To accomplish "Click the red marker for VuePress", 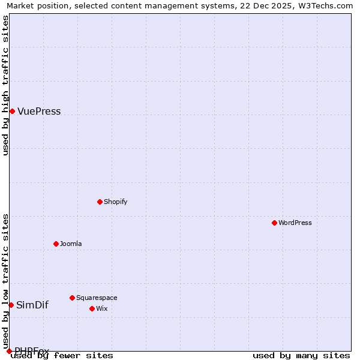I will pyautogui.click(x=12, y=111).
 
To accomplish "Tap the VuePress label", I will pyautogui.click(x=39, y=112).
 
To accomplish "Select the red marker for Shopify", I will pyautogui.click(x=100, y=202).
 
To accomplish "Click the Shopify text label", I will pyautogui.click(x=115, y=202).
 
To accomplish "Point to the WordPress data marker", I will pyautogui.click(x=274, y=223).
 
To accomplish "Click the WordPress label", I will pyautogui.click(x=295, y=223).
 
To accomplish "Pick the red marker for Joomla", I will pyautogui.click(x=56, y=244).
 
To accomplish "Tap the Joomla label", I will pyautogui.click(x=71, y=244).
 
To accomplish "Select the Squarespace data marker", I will pyautogui.click(x=72, y=298).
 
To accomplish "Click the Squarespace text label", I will pyautogui.click(x=97, y=298).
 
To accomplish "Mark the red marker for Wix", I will pyautogui.click(x=92, y=308).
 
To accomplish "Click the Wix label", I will pyautogui.click(x=102, y=309).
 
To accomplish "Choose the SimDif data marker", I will pyautogui.click(x=11, y=305).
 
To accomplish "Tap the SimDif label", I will pyautogui.click(x=32, y=305).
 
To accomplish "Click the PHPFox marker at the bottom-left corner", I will pyautogui.click(x=9, y=351).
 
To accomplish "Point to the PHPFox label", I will pyautogui.click(x=32, y=350).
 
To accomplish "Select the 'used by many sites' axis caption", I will pyautogui.click(x=301, y=356).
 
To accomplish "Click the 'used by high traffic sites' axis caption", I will pyautogui.click(x=6, y=85).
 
